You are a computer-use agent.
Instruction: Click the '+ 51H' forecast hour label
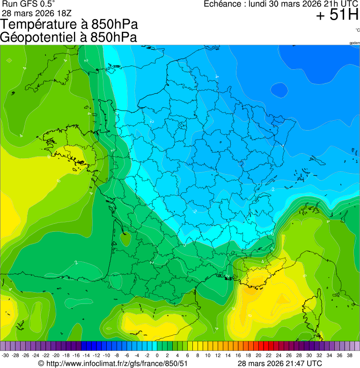337,15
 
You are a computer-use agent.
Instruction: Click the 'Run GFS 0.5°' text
27,4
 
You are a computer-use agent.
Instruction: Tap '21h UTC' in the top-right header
338,4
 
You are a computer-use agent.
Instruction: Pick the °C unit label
357,30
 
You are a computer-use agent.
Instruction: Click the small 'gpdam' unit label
354,43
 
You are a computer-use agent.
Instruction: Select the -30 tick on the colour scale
6,355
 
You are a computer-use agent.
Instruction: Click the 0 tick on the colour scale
157,355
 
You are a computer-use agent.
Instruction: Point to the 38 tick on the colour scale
349,355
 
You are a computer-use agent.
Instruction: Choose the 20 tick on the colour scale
258,355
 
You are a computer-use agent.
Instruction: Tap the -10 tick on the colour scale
106,355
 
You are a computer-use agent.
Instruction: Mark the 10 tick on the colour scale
207,355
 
